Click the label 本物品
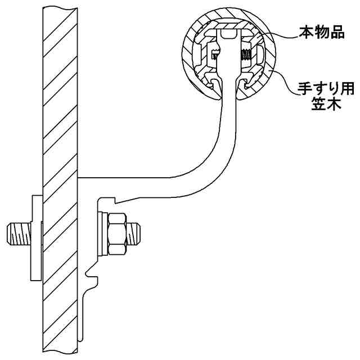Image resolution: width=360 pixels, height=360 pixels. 321,33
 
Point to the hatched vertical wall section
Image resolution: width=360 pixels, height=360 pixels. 60,141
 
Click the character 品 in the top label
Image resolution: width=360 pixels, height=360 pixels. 336,33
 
